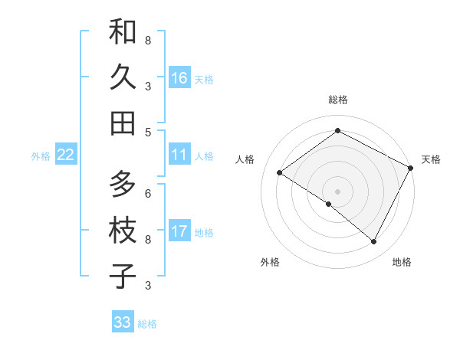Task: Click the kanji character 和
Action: (123, 32)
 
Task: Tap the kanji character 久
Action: (123, 77)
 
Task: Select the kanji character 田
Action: (123, 123)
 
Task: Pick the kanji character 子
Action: (123, 276)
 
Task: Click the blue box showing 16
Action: (179, 78)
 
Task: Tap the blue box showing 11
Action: (179, 155)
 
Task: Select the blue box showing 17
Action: (179, 231)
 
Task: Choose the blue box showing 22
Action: (66, 155)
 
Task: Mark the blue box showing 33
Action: (122, 322)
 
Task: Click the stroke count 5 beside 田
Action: (148, 132)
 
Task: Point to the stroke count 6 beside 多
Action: (148, 192)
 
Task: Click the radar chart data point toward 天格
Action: (410, 168)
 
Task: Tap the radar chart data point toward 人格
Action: (279, 173)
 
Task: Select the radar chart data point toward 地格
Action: (374, 242)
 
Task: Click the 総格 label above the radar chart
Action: (337, 100)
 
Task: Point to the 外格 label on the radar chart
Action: (270, 263)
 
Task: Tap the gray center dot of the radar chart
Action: (337, 191)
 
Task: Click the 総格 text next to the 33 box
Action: (147, 324)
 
